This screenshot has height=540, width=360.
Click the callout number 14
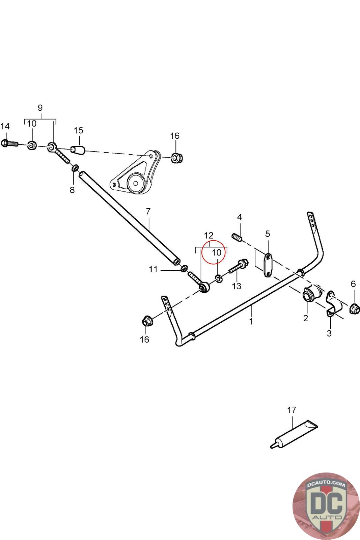pos(5,126)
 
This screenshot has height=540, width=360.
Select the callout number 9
pos(40,108)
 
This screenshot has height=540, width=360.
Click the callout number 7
pos(148,212)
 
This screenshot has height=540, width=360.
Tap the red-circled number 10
pos(217,252)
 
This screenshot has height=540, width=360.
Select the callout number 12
pos(209,235)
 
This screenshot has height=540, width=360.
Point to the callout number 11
pos(154,269)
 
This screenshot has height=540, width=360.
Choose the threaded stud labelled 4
pos(238,238)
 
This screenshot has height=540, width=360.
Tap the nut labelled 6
pos(354,308)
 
